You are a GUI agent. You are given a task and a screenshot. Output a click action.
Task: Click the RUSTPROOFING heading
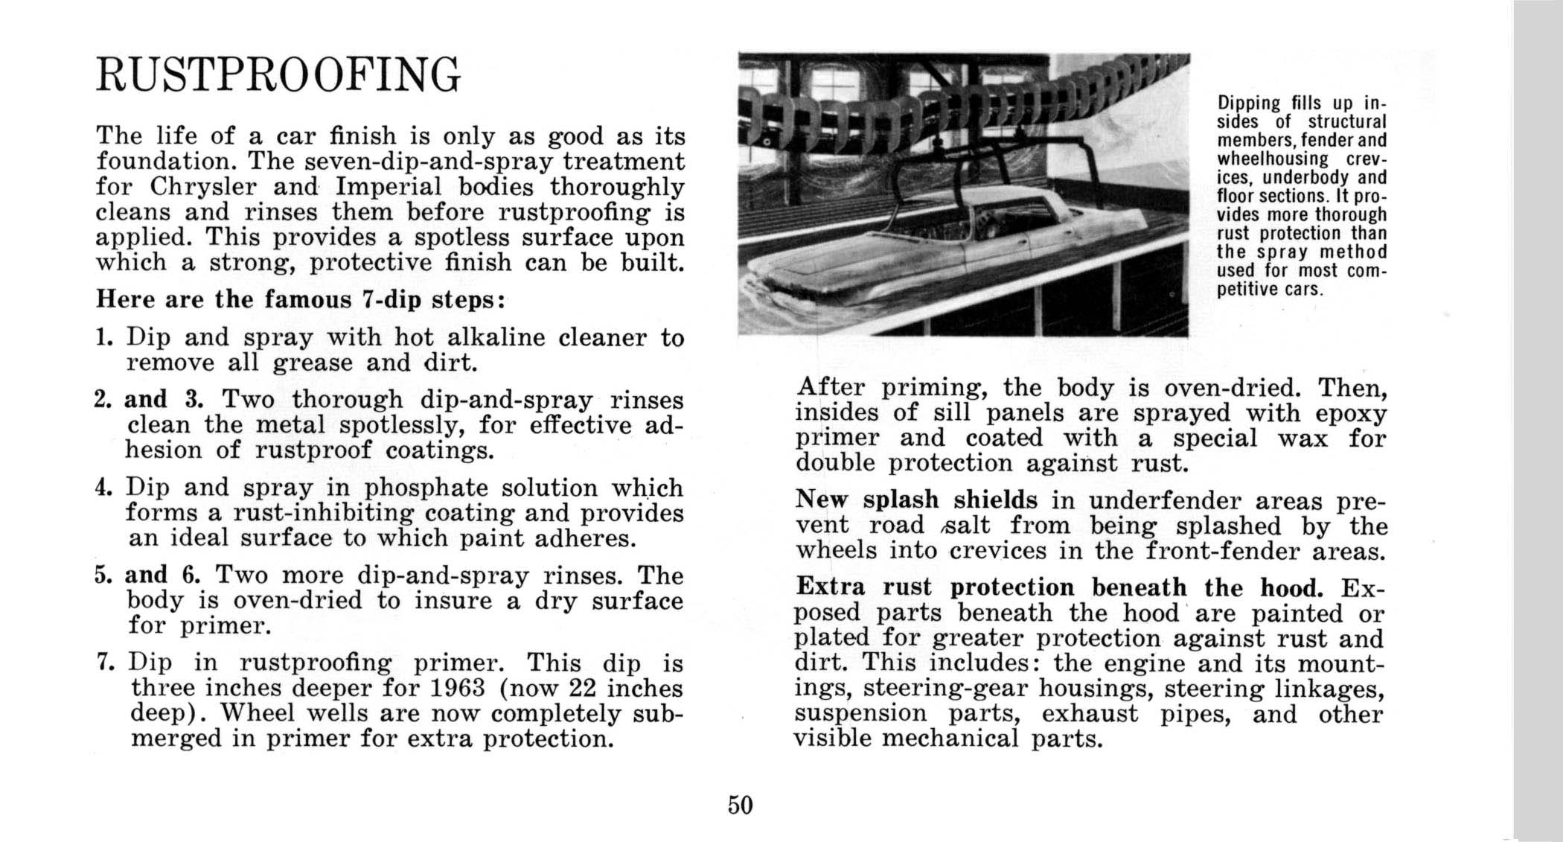278,75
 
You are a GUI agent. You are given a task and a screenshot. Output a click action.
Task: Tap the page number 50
741,805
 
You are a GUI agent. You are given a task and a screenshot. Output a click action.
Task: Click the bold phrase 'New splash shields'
916,500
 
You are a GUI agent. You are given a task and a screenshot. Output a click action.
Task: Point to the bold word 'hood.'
1291,587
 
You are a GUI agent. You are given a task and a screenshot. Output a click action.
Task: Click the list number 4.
103,488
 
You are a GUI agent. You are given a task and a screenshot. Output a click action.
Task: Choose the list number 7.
103,663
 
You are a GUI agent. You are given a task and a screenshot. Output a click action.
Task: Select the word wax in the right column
1302,438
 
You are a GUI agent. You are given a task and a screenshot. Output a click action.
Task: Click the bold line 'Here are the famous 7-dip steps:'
301,299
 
